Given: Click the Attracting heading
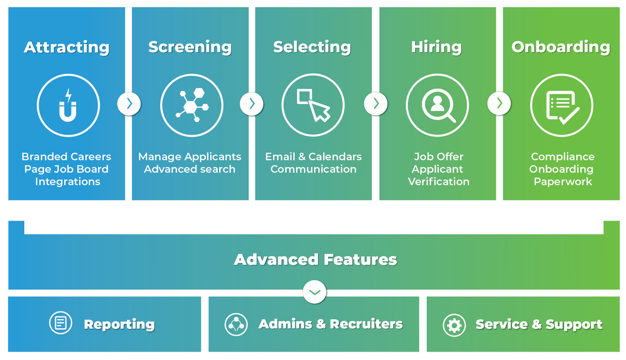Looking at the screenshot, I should [67, 47].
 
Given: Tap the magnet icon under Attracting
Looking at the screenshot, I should [68, 106].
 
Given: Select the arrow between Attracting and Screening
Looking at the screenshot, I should [129, 104].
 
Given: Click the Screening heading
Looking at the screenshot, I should [190, 47].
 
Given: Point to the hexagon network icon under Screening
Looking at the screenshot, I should [192, 106].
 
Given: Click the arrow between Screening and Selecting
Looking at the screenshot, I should [252, 104].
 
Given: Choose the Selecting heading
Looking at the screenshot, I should [312, 47].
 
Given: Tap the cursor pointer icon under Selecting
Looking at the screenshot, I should [313, 106].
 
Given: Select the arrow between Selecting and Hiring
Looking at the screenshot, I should [376, 104].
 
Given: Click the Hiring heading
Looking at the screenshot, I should [437, 47].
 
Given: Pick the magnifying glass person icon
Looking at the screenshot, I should [438, 106].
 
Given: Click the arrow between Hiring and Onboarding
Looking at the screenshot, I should [499, 104].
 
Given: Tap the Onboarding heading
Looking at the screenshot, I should [561, 47].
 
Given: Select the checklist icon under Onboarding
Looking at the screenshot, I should [562, 106].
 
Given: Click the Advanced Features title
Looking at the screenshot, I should [315, 260].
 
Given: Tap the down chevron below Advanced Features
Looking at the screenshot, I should [315, 292].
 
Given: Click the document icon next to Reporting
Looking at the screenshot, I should [60, 323].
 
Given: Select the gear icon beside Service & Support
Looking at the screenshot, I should [454, 325].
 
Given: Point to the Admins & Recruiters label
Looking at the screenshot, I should [330, 324].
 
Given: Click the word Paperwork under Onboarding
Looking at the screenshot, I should [563, 182].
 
